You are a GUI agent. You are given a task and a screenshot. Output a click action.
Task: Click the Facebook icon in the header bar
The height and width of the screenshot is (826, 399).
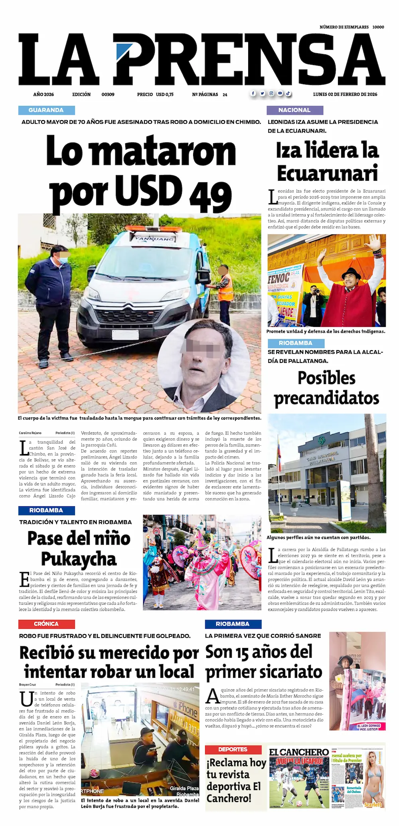253,93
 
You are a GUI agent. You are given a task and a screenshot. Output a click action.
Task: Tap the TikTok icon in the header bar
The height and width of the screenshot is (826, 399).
288,93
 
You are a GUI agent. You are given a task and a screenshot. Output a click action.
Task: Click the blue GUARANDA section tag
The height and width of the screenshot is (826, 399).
46,110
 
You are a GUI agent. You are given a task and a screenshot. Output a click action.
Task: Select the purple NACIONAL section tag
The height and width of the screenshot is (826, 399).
294,110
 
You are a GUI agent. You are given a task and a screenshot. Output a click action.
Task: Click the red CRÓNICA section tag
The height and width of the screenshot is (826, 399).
46,624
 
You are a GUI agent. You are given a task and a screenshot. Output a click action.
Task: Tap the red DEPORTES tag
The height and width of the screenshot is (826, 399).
233,749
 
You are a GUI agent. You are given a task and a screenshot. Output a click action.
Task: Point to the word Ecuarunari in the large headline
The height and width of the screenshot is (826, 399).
327,173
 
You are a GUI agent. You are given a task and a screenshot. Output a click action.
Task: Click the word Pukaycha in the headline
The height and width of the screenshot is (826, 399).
79,559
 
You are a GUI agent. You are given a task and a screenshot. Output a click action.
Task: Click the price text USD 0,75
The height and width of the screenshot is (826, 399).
164,95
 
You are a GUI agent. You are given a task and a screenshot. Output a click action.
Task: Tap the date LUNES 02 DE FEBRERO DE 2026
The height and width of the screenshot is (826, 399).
345,95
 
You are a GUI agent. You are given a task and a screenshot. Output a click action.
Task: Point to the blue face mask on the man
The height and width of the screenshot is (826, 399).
63,261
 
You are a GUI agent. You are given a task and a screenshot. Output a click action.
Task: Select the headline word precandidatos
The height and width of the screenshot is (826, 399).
326,398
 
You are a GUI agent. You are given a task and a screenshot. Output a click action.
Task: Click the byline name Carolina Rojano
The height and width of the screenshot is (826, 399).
30,433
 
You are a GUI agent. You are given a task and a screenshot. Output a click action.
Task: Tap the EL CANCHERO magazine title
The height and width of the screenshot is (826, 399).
299,752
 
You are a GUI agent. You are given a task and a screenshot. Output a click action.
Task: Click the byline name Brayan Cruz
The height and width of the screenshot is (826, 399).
28,685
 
